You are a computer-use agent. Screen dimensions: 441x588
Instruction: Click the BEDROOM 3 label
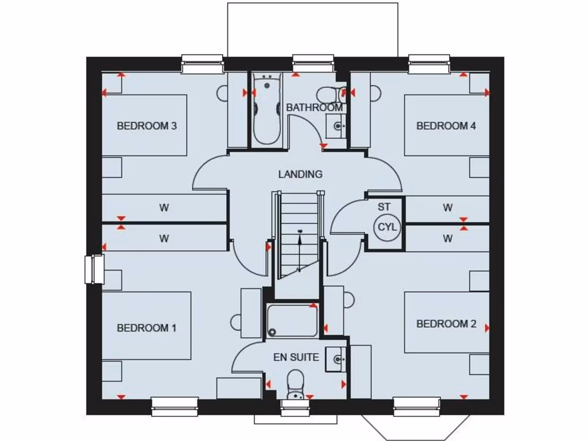146,126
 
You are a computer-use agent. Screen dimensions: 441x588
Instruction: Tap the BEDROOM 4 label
446,126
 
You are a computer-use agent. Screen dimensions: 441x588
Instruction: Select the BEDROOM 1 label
146,328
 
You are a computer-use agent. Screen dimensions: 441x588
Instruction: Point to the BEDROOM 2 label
446,324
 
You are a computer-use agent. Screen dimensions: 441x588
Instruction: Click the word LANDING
300,174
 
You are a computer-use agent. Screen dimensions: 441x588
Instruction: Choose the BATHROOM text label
314,107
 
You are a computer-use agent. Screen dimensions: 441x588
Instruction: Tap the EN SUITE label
296,357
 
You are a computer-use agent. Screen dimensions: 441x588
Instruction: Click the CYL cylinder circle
387,227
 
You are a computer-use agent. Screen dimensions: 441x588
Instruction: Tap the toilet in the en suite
295,384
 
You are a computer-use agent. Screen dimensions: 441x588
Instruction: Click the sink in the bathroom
336,126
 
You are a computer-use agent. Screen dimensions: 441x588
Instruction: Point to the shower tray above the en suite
292,320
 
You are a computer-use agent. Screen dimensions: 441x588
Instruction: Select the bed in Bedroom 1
146,325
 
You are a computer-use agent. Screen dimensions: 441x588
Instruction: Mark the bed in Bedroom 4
446,125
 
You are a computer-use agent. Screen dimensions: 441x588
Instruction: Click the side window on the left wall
94,269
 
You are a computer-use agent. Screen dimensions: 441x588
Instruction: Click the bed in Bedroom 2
446,322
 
